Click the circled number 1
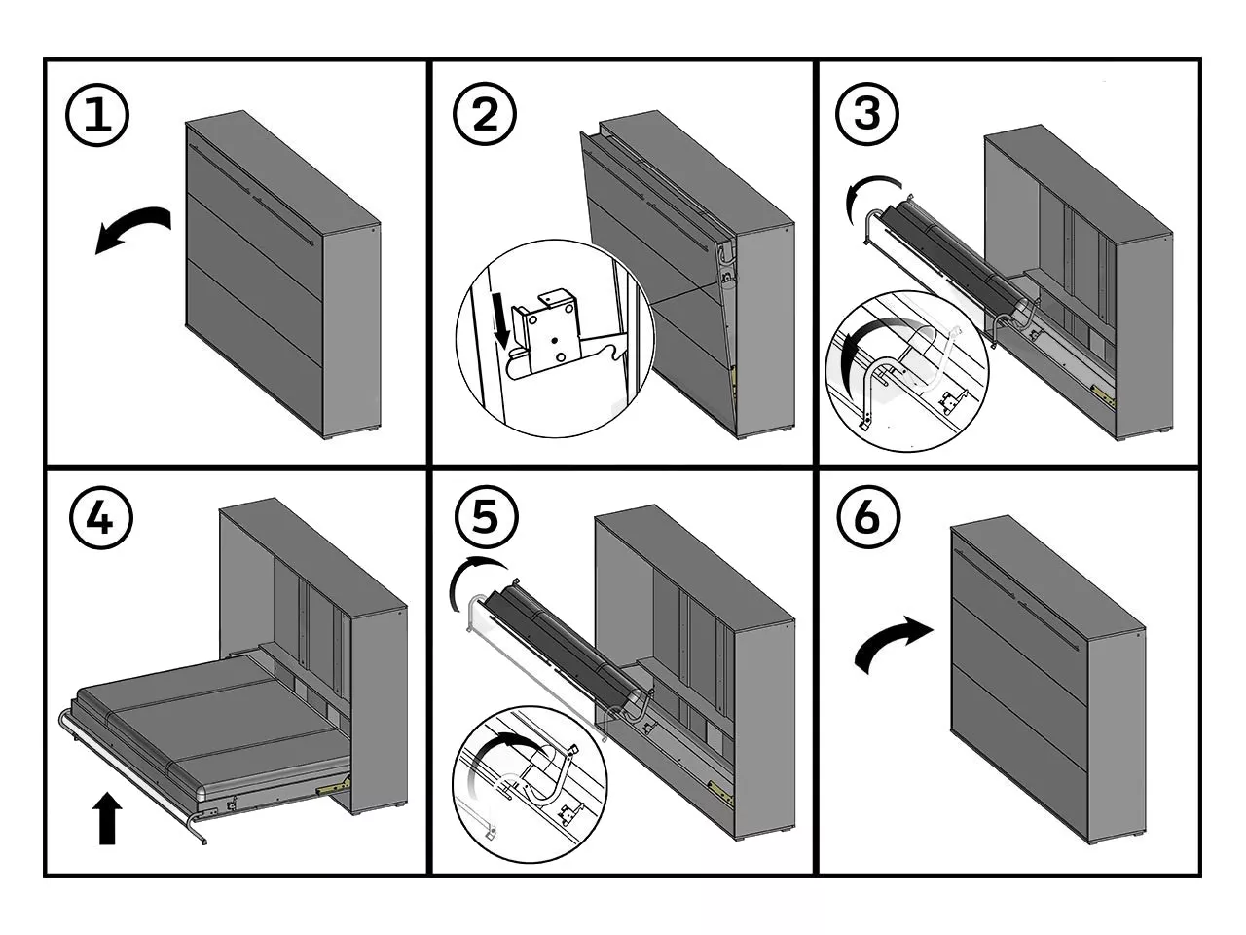(96, 116)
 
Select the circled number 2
(485, 116)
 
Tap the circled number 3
(866, 114)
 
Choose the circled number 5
(485, 517)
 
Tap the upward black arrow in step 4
(107, 818)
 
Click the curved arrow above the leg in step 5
(474, 580)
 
